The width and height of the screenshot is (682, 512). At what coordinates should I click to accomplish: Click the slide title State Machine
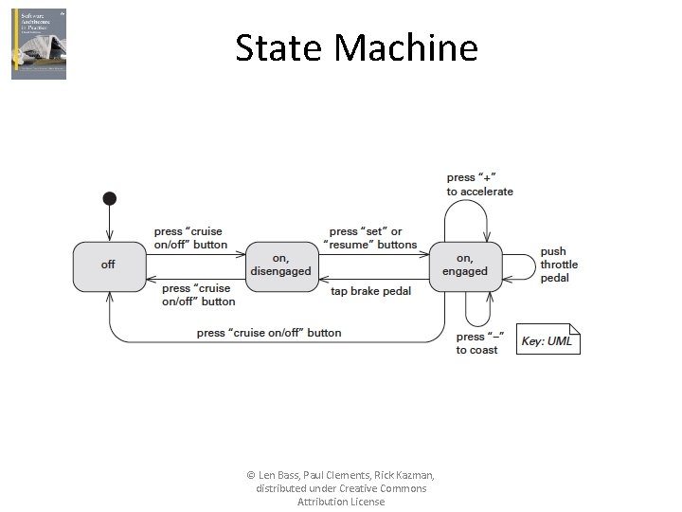point(356,46)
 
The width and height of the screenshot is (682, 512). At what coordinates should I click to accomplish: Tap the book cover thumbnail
point(39,44)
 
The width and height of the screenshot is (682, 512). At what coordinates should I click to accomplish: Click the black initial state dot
point(110,198)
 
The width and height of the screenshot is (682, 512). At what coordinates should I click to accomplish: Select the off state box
point(109,265)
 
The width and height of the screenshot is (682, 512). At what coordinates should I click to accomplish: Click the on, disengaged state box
point(280,265)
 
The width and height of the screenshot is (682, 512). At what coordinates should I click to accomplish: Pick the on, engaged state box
point(464,265)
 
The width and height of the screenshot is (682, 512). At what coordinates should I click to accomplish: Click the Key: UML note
point(547,340)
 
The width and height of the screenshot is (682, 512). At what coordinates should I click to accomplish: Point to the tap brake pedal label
point(370,291)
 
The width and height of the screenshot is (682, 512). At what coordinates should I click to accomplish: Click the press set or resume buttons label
point(370,238)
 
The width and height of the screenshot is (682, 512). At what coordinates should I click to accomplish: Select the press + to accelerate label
point(479,184)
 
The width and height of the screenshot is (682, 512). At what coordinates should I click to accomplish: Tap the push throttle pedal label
point(559,265)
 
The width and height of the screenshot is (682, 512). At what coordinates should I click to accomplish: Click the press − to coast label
point(479,343)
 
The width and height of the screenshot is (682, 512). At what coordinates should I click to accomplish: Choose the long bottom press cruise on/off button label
point(269,333)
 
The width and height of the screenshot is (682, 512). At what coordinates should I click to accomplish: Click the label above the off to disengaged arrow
point(190,238)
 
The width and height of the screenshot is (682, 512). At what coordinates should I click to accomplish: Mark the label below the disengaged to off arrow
point(198,295)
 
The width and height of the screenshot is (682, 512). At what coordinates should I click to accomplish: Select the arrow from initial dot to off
point(110,224)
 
